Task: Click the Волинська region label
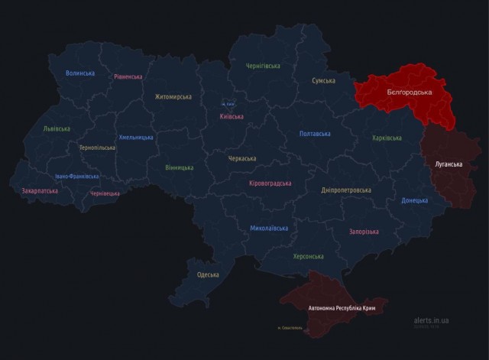click(x=80, y=73)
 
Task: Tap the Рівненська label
click(x=128, y=76)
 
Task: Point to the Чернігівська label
click(x=263, y=66)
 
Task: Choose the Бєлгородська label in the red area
click(x=409, y=92)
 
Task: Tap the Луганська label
click(x=448, y=164)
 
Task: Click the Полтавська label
click(x=315, y=134)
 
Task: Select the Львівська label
click(x=56, y=129)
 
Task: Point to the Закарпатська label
click(x=40, y=190)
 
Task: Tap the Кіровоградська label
click(x=270, y=183)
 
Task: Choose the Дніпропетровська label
click(x=346, y=190)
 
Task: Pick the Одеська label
click(x=208, y=274)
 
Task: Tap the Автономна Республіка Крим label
click(x=342, y=308)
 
